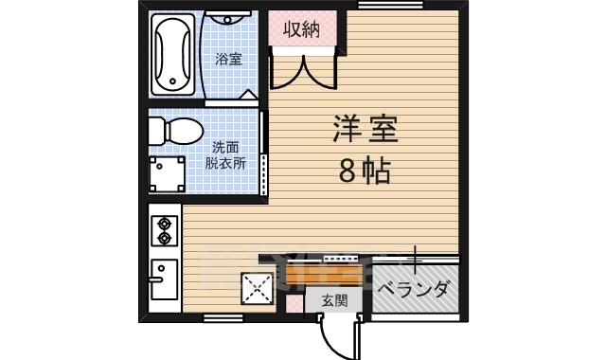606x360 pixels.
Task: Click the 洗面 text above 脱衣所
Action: click(x=225, y=147)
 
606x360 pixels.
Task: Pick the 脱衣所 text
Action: click(x=225, y=162)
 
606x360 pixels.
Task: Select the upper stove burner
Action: click(x=165, y=225)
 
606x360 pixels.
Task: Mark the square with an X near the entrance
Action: click(x=255, y=288)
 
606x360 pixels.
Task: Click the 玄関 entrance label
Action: click(x=333, y=300)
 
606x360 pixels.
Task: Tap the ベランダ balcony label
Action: click(x=413, y=290)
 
